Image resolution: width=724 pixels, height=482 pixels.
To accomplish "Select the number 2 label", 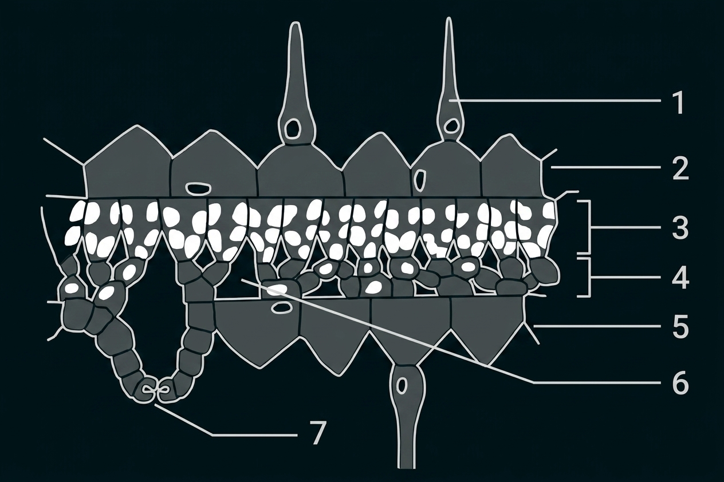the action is [680, 168].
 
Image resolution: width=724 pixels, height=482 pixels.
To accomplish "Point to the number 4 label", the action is [680, 278].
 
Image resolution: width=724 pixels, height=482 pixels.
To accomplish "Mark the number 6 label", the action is [680, 382].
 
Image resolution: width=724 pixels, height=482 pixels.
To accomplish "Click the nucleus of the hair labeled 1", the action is [450, 125].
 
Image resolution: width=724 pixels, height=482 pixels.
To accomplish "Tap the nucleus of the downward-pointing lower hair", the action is [402, 386].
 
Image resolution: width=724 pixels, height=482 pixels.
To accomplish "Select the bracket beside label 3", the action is [588, 227].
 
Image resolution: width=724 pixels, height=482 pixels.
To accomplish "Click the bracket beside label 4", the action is [588, 277].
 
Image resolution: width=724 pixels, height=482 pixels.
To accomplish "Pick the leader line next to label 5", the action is [597, 327].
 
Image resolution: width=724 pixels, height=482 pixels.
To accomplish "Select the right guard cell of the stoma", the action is [167, 392].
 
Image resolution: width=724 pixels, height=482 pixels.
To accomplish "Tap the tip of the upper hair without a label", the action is [294, 23].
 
